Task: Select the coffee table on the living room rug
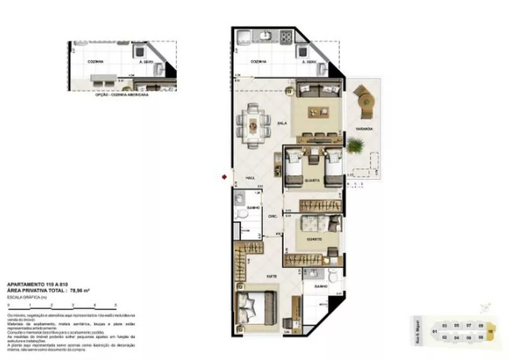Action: pyautogui.click(x=318, y=111)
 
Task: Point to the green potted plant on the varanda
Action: pyautogui.click(x=354, y=145)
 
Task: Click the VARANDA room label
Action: pyautogui.click(x=364, y=129)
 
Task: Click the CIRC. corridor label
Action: pyautogui.click(x=272, y=216)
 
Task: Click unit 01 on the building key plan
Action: pyautogui.click(x=434, y=331)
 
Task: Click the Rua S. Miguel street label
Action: pyautogui.click(x=416, y=331)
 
